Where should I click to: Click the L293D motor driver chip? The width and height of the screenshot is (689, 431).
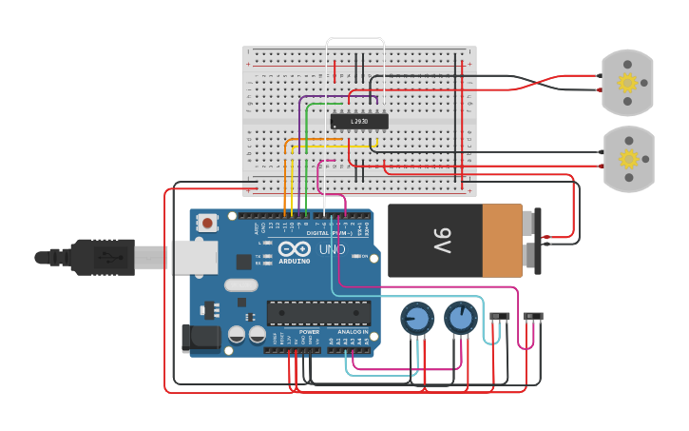359,121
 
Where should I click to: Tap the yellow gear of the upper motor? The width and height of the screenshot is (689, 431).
627,83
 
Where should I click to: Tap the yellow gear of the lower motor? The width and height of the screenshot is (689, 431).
627,158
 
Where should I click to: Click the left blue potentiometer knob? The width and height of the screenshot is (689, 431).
416,319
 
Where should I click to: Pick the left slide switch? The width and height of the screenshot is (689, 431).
499,316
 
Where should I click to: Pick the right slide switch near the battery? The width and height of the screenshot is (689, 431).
534,316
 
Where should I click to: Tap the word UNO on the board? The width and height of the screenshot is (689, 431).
332,249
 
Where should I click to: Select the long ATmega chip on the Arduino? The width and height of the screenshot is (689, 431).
318,312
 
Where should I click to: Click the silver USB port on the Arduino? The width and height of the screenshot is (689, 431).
194,257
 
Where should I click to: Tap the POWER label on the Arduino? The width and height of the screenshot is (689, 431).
309,332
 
